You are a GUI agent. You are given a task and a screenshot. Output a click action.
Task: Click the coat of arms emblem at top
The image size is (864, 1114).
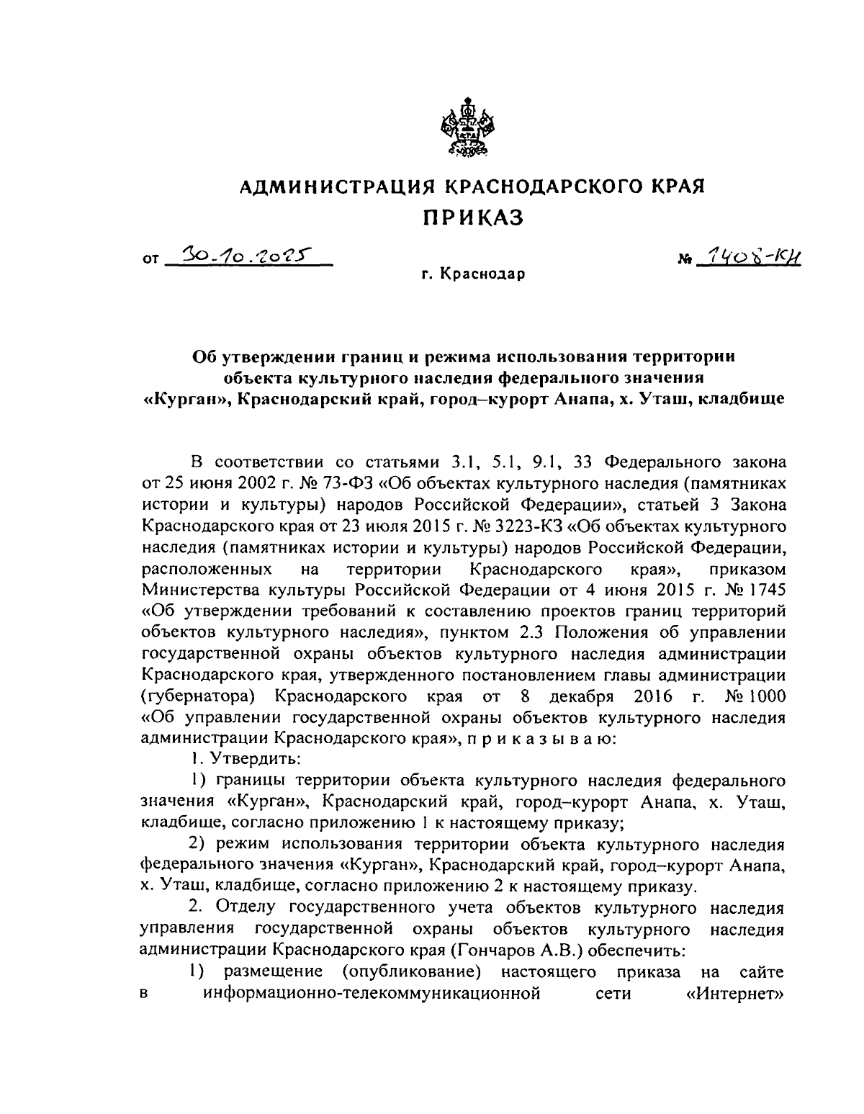tap(464, 127)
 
